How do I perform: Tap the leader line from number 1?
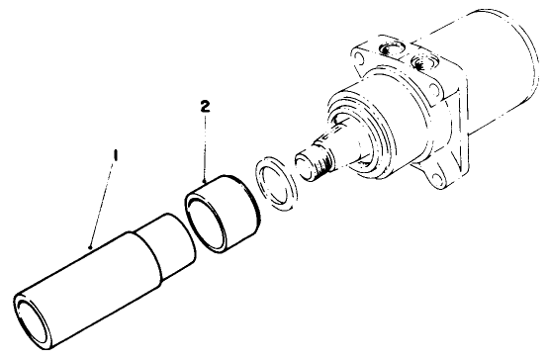pyautogui.click(x=102, y=203)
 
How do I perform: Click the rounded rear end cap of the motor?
pyautogui.click(x=524, y=89)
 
